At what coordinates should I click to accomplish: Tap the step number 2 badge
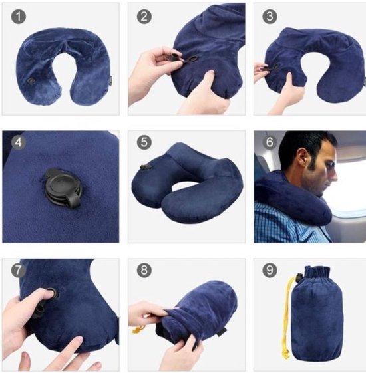(142, 15)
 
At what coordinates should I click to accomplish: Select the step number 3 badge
(268, 15)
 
